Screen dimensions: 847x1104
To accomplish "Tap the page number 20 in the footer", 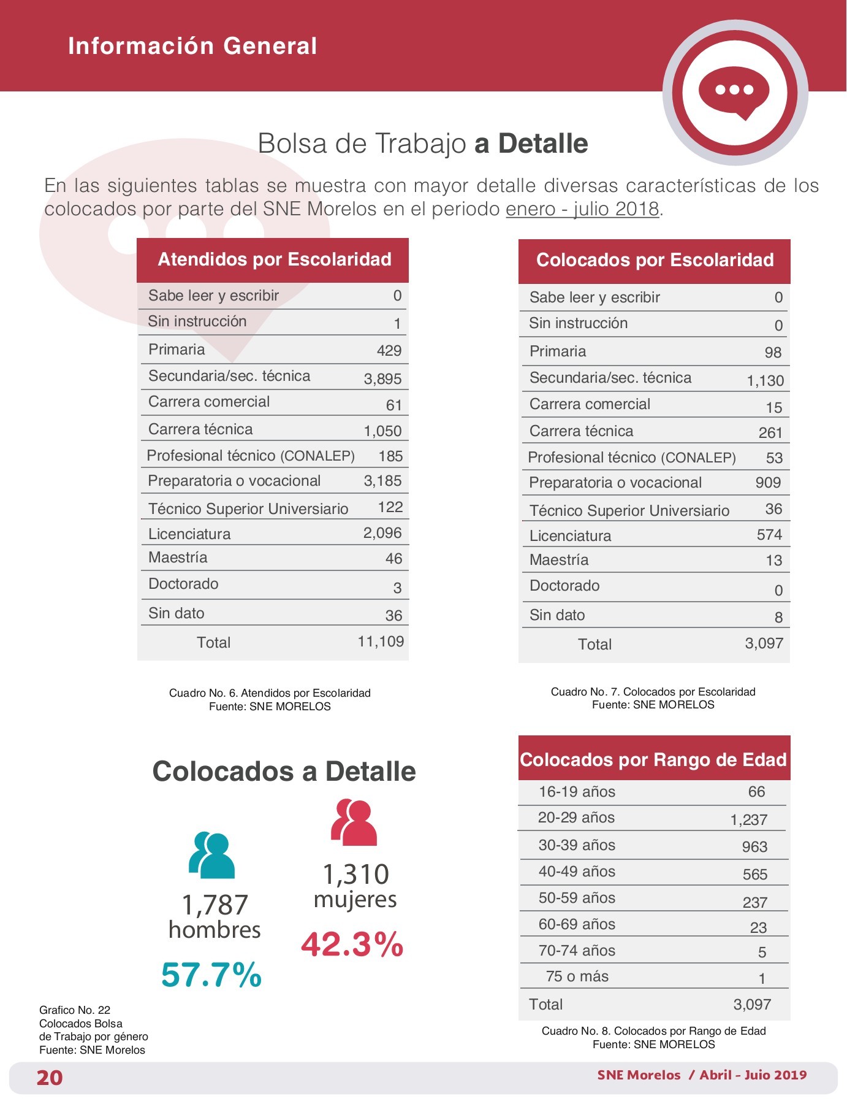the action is coord(50,1078).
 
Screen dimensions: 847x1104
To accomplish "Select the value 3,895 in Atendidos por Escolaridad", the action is coord(382,379).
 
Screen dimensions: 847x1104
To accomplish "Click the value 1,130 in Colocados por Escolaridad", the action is coord(765,381).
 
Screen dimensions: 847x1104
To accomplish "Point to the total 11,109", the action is coord(381,642).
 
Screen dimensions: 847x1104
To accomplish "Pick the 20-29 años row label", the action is coord(576,818).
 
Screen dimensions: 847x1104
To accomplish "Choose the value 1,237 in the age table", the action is coord(749,820).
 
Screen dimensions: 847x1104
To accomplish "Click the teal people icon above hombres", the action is coord(212,855).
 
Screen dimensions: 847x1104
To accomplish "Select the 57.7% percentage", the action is coord(211,974).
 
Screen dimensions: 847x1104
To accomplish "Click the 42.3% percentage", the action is coord(352,944).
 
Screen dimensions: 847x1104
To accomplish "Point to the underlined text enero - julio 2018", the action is coord(582,209).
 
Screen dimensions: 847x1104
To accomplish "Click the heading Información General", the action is coord(192,46).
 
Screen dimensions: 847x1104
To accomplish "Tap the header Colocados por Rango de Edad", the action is coord(653,760).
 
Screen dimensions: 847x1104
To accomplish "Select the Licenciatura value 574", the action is coord(769,535).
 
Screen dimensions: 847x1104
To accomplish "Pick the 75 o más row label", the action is coord(577,976).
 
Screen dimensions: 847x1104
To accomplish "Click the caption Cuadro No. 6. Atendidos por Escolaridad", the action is coord(270,693).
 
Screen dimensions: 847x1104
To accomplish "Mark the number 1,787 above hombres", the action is coord(215,905).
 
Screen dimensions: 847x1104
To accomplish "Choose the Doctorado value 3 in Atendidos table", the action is coord(397,588).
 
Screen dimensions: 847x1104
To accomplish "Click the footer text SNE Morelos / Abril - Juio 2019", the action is coord(702,1075).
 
